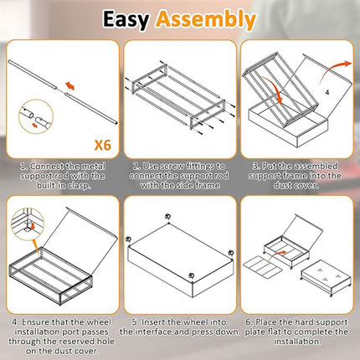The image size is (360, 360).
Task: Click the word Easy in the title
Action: [x=126, y=20]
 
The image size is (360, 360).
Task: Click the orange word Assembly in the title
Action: [x=206, y=20]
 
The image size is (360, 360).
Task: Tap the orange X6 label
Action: [x=103, y=145]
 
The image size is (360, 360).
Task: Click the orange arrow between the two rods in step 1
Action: [x=70, y=86]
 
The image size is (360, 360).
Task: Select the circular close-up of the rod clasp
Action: [x=36, y=116]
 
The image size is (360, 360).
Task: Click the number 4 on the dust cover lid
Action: [x=327, y=92]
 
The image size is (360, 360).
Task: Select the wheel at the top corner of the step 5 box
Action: [x=167, y=217]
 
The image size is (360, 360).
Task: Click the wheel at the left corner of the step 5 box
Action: [x=129, y=239]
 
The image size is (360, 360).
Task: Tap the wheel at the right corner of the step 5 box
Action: [x=231, y=253]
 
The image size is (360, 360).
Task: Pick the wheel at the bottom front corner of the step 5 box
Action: [x=191, y=275]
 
